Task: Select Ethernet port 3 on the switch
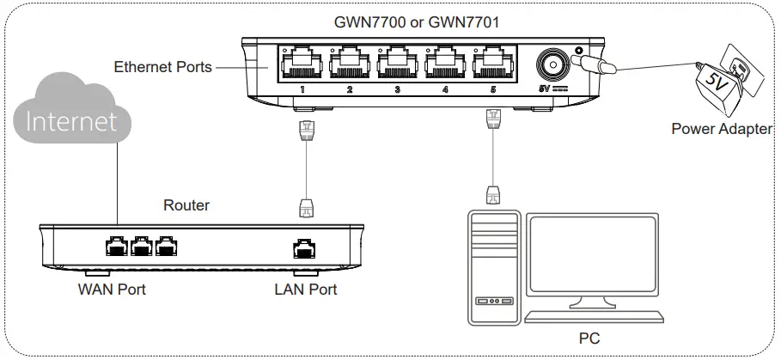(x=398, y=62)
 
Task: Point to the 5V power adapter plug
(x=726, y=82)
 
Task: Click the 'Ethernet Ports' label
(x=163, y=66)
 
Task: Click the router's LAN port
(x=304, y=248)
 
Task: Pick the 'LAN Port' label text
(x=306, y=290)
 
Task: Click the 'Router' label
(x=186, y=205)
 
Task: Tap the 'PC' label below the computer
(x=589, y=339)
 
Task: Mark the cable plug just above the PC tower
(x=492, y=193)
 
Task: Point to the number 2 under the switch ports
(x=350, y=88)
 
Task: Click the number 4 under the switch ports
(x=444, y=88)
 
